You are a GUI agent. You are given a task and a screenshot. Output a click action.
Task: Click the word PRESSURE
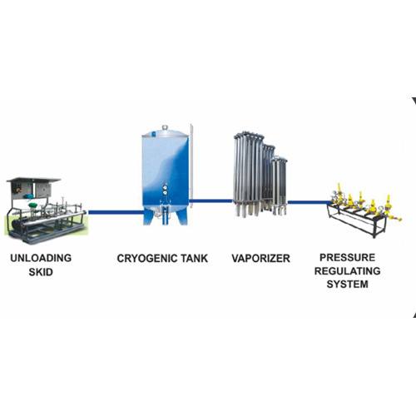point(348,259)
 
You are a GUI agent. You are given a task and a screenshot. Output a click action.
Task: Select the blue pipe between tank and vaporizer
point(213,200)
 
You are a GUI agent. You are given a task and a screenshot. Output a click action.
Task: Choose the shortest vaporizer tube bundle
point(280,183)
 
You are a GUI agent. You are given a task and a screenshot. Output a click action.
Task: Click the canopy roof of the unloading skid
point(33,179)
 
